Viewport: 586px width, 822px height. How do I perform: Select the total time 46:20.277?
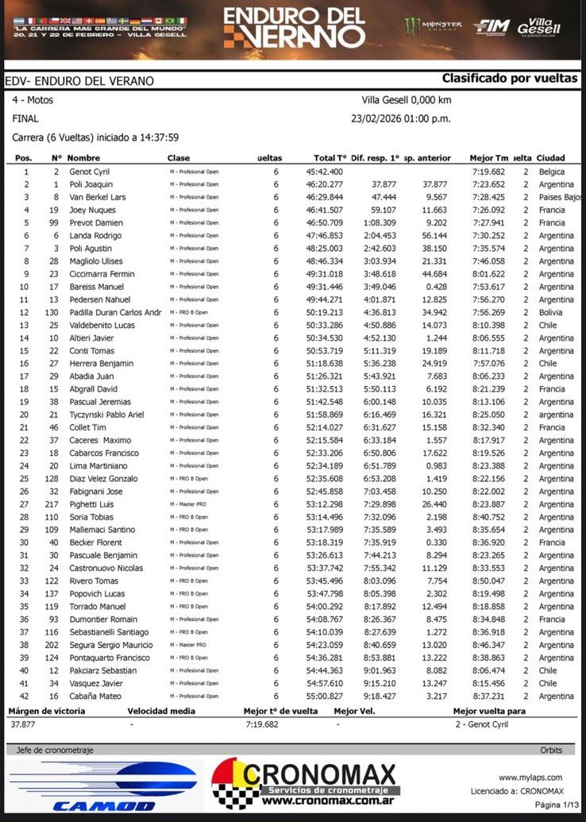click(325, 184)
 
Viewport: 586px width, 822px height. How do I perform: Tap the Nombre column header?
click(83, 158)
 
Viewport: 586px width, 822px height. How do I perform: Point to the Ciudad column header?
click(551, 158)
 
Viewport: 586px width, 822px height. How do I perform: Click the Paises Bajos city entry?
click(560, 197)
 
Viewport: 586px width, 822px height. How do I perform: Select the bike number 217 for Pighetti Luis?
click(53, 504)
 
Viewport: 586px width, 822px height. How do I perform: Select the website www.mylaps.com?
click(530, 778)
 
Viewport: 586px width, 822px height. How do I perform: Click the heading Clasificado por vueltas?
click(510, 79)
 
